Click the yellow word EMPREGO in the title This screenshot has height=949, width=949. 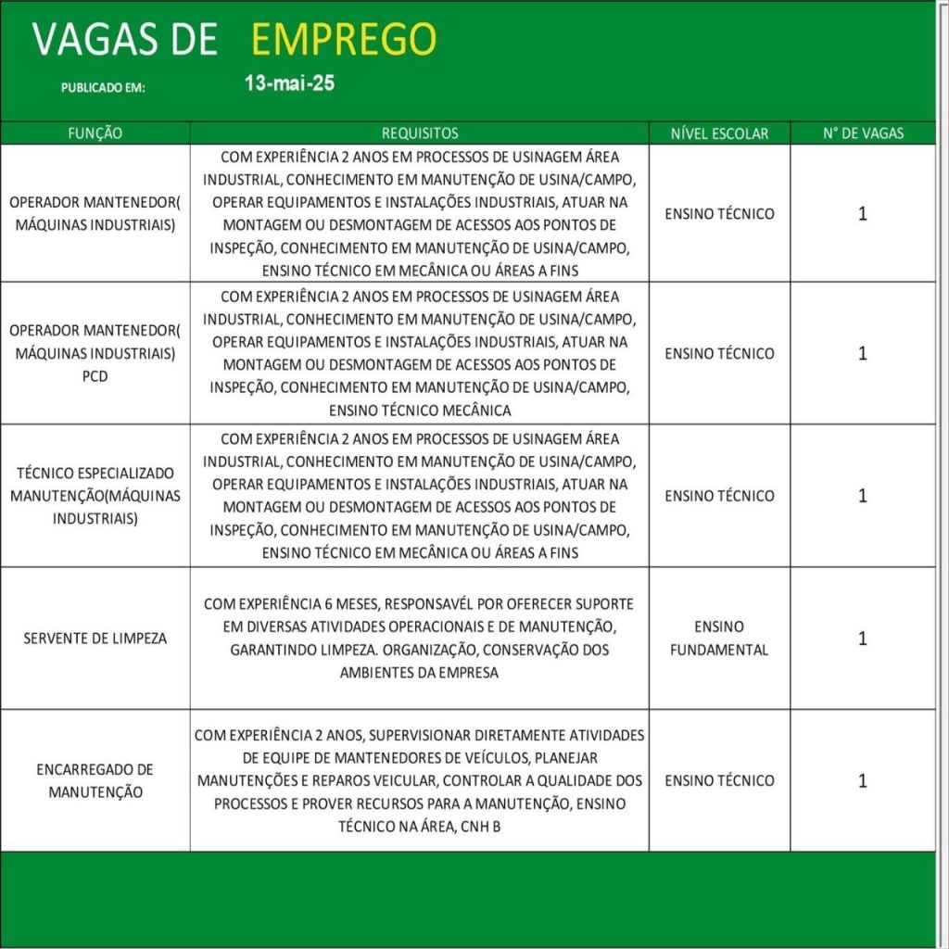pyautogui.click(x=343, y=39)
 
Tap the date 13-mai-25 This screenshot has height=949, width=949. pyautogui.click(x=289, y=83)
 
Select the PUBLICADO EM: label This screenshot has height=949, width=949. pyautogui.click(x=104, y=89)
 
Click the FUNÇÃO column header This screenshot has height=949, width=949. pyautogui.click(x=95, y=133)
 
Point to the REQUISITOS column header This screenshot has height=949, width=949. pyautogui.click(x=420, y=133)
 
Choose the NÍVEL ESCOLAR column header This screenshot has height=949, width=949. pyautogui.click(x=719, y=133)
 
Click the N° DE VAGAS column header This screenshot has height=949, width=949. pyautogui.click(x=863, y=133)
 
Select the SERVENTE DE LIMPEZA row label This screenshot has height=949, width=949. pyautogui.click(x=95, y=639)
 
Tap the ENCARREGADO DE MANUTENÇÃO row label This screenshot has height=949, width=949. pyautogui.click(x=95, y=780)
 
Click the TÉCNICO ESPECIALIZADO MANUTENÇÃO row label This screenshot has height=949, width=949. pyautogui.click(x=95, y=496)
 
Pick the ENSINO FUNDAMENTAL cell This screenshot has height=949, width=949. pyautogui.click(x=719, y=639)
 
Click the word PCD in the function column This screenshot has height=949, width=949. pyautogui.click(x=95, y=376)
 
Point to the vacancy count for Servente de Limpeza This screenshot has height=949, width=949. pyautogui.click(x=863, y=639)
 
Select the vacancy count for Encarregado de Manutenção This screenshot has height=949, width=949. pyautogui.click(x=863, y=780)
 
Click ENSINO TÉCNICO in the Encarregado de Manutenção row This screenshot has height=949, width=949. pyautogui.click(x=719, y=780)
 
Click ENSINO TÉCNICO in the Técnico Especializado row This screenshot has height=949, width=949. pyautogui.click(x=719, y=496)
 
